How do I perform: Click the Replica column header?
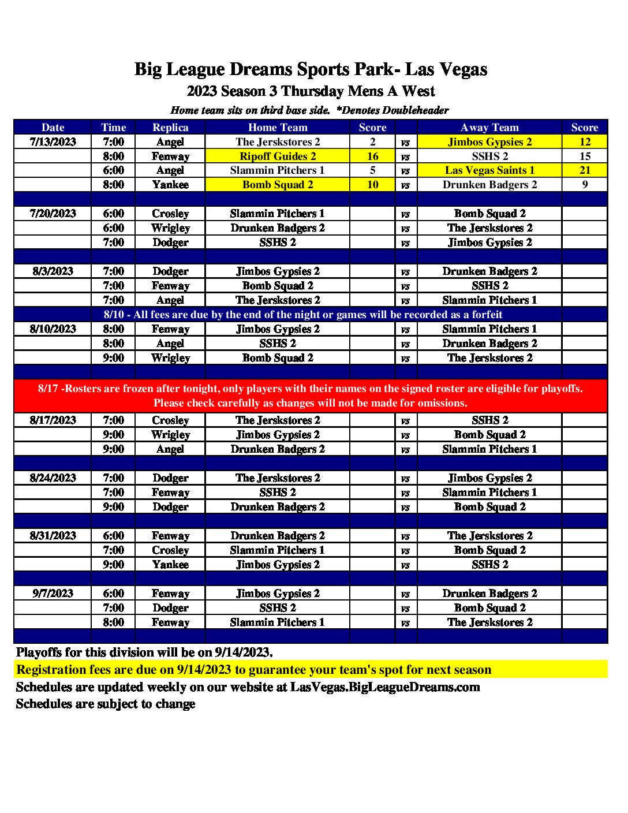(x=170, y=128)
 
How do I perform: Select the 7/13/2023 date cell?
(x=53, y=142)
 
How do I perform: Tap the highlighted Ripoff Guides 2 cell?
(x=278, y=156)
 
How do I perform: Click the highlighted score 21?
(x=585, y=170)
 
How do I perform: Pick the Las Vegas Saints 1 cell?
(x=489, y=170)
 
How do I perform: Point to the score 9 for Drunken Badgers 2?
(x=585, y=185)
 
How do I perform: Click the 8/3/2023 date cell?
(x=53, y=271)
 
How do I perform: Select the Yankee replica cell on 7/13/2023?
(x=170, y=185)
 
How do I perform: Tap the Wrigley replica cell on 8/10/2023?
(x=170, y=358)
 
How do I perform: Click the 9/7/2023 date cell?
(x=53, y=594)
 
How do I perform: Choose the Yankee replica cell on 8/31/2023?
(x=170, y=565)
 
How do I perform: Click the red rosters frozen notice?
(x=311, y=396)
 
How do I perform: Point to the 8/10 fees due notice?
(x=303, y=315)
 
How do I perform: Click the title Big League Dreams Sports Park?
(x=311, y=69)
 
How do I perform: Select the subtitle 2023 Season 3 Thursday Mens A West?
(x=311, y=91)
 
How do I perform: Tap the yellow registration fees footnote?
(x=254, y=670)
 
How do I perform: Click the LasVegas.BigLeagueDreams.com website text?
(x=385, y=687)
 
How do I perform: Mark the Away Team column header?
(x=489, y=128)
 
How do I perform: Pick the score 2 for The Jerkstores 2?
(x=372, y=142)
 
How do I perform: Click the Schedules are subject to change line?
(x=106, y=704)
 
